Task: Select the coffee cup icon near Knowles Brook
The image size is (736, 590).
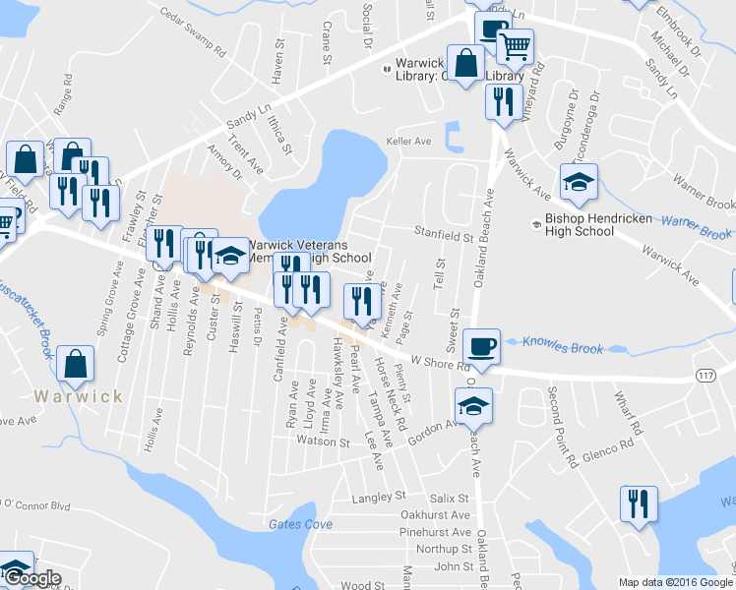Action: pyautogui.click(x=481, y=346)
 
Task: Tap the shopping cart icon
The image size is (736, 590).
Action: pyautogui.click(x=515, y=45)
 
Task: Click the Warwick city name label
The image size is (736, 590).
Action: pyautogui.click(x=78, y=396)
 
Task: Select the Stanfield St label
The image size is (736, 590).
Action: pyautogui.click(x=444, y=237)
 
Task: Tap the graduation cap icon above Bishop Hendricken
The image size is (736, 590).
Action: pyautogui.click(x=579, y=181)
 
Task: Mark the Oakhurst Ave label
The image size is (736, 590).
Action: pyautogui.click(x=436, y=514)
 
